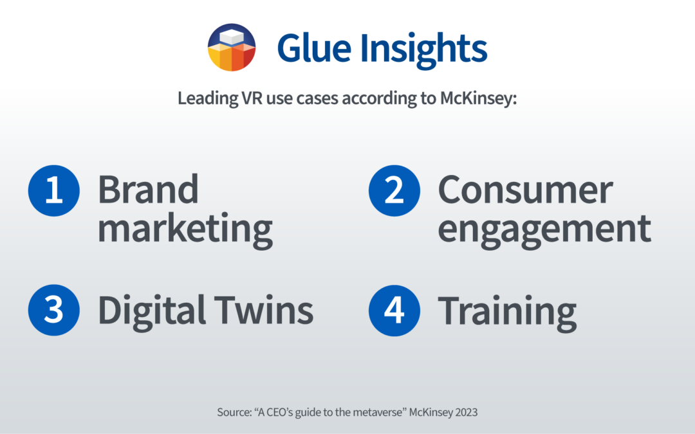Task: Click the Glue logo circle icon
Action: (x=232, y=48)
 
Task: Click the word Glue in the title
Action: (x=314, y=48)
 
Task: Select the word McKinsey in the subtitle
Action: (x=478, y=98)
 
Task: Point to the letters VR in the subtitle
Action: (x=252, y=98)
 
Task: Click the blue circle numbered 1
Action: (x=53, y=190)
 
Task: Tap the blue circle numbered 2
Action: (x=394, y=190)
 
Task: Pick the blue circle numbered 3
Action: (x=53, y=310)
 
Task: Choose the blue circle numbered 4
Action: (x=394, y=311)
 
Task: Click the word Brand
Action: (x=148, y=189)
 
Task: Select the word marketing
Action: (x=185, y=230)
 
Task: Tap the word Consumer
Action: (x=525, y=190)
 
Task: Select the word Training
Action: (x=507, y=313)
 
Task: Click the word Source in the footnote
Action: (x=234, y=412)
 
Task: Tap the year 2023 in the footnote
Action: (x=467, y=412)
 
